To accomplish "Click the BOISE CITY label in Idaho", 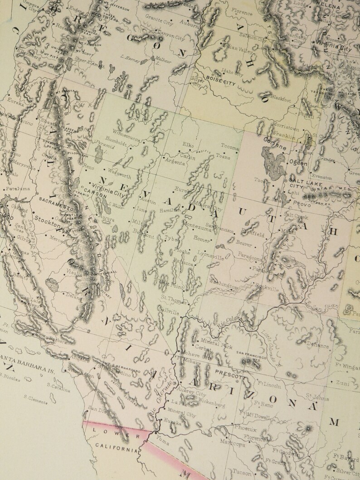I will [x=220, y=78].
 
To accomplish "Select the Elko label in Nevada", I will [x=188, y=145].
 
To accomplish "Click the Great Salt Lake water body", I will [x=272, y=161].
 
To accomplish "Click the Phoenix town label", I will [x=246, y=427].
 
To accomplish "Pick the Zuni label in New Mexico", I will [x=342, y=383].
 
